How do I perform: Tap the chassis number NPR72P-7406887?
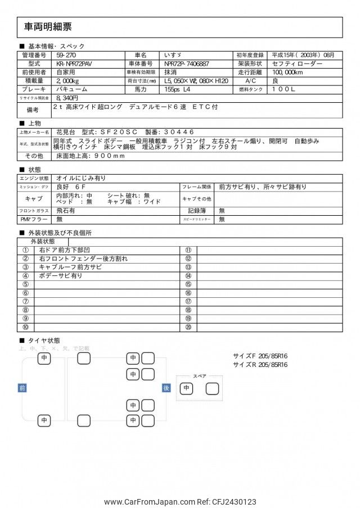click(x=183, y=64)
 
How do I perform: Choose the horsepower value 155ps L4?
click(x=178, y=89)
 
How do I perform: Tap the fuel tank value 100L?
click(x=284, y=89)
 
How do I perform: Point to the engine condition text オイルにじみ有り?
click(x=81, y=178)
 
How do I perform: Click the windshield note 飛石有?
click(x=66, y=211)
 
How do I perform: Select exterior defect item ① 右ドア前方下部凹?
click(x=70, y=250)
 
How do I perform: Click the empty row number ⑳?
click(x=188, y=327)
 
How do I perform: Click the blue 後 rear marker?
click(x=166, y=388)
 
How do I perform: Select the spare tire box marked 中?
click(x=187, y=388)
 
